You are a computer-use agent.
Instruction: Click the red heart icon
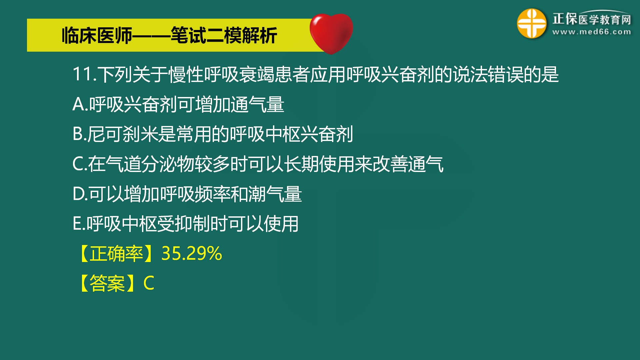point(331,33)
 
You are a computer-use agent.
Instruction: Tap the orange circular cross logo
point(531,23)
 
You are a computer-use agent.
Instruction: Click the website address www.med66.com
point(591,32)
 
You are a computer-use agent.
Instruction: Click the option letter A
point(79,104)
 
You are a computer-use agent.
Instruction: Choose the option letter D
point(79,194)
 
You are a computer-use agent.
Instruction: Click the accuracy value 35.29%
point(192,254)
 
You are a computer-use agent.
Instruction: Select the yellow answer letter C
point(149,283)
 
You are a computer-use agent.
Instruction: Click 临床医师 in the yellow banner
point(97,36)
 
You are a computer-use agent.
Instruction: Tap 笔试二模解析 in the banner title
point(224,36)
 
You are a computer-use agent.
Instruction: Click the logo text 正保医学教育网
point(592,19)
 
